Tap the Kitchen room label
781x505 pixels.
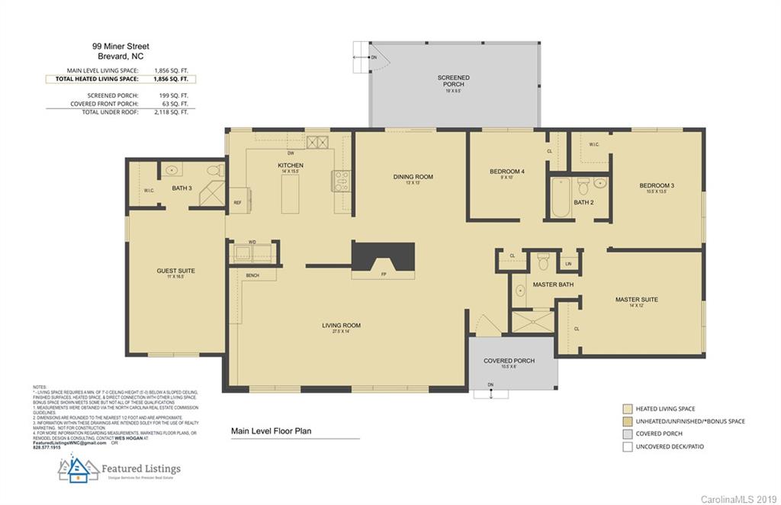pyautogui.click(x=291, y=166)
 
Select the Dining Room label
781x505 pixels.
pyautogui.click(x=413, y=177)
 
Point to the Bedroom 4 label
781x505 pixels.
pyautogui.click(x=506, y=172)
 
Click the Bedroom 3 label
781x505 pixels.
pyautogui.click(x=657, y=185)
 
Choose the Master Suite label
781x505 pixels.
pyautogui.click(x=636, y=300)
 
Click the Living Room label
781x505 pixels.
pyautogui.click(x=341, y=326)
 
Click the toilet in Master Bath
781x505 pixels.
pyautogui.click(x=544, y=262)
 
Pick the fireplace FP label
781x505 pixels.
pyautogui.click(x=383, y=275)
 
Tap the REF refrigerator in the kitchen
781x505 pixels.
pyautogui.click(x=237, y=203)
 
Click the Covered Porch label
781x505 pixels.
pyautogui.click(x=509, y=361)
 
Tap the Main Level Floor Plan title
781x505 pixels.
pyautogui.click(x=271, y=431)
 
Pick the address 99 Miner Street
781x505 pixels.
pyautogui.click(x=121, y=47)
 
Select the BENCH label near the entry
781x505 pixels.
pyautogui.click(x=252, y=275)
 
